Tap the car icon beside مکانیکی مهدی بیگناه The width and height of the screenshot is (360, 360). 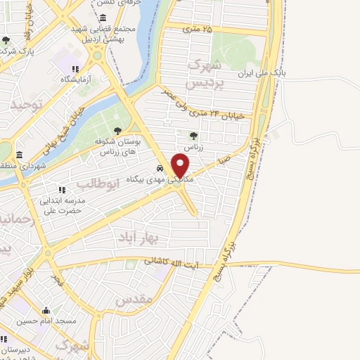click(160, 169)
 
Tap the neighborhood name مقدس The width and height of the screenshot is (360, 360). click(134, 300)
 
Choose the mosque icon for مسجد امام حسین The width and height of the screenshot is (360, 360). click(46, 310)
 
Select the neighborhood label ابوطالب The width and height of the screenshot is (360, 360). click(91, 185)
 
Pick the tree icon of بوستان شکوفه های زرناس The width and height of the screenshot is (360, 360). click(117, 130)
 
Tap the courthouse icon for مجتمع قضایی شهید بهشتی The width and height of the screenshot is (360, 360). click(103, 18)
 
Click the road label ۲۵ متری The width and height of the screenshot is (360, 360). click(197, 29)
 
